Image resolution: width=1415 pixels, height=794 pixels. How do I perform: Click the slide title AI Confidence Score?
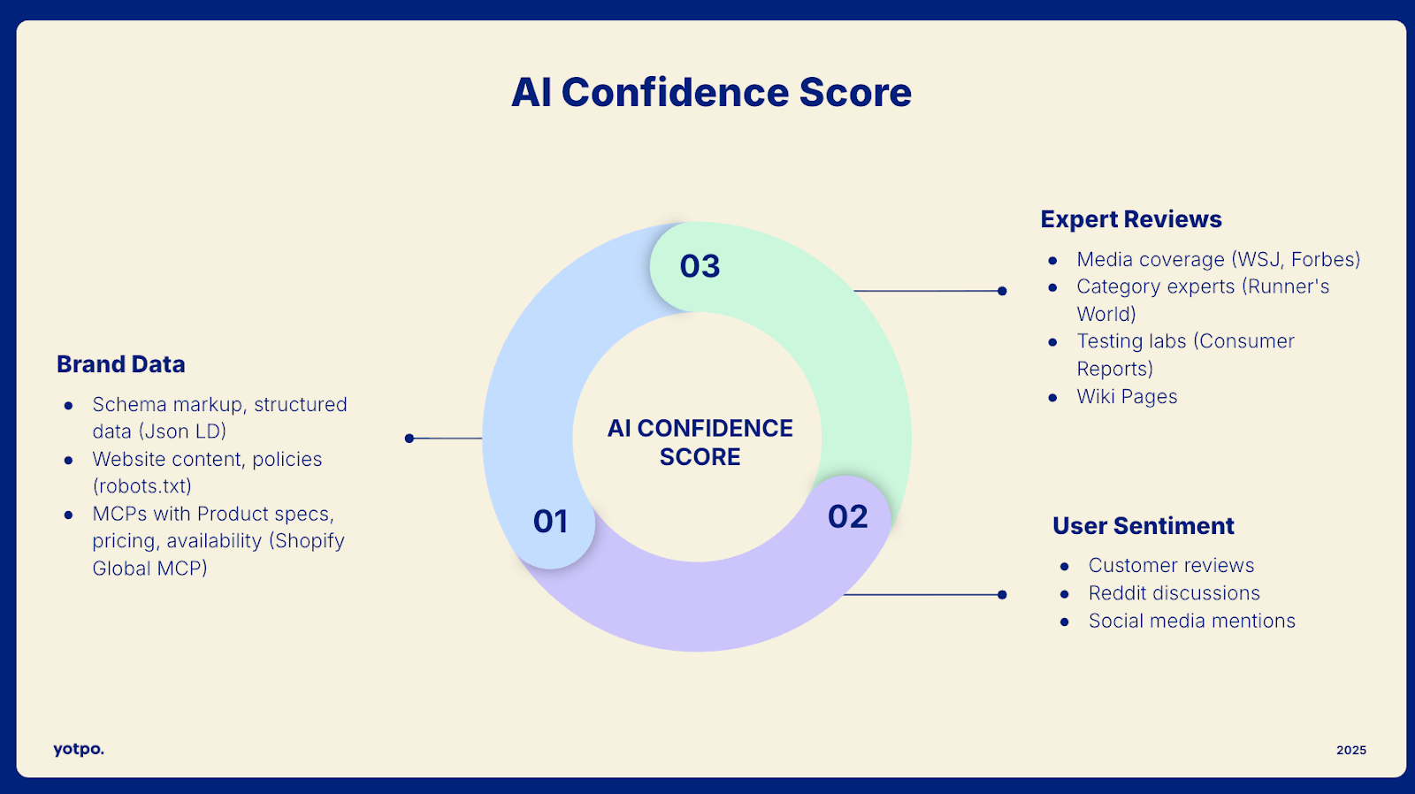[711, 93]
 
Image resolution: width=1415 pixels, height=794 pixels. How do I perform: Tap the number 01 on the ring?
[550, 522]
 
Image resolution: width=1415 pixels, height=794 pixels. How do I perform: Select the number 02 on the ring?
[847, 517]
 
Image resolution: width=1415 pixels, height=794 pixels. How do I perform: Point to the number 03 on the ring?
[700, 266]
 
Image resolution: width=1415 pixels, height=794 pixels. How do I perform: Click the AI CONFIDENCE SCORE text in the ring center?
[700, 442]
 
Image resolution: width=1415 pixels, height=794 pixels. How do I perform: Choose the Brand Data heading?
[121, 364]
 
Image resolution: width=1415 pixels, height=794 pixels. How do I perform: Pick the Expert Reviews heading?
[1131, 219]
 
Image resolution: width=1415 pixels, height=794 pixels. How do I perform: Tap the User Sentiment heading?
[1143, 526]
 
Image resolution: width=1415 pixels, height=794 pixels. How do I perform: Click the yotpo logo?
[79, 749]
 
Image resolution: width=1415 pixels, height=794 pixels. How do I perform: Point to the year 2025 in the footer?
[1350, 750]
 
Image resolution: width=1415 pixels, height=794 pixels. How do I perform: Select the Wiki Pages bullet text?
[1127, 397]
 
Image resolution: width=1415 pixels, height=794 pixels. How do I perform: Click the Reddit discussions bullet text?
[1174, 593]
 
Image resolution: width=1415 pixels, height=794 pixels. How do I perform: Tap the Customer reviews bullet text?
[1171, 566]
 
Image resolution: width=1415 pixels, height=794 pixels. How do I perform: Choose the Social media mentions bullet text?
[1191, 621]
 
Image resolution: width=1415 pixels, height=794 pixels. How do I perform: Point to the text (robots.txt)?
[142, 486]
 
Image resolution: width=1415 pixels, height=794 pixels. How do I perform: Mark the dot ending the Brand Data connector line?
[409, 439]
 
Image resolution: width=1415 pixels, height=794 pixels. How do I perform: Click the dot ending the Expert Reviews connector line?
[1002, 291]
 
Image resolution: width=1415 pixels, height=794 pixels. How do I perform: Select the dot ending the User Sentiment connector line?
[1002, 595]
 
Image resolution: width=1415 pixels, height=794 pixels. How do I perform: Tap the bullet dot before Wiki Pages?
[1052, 398]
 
